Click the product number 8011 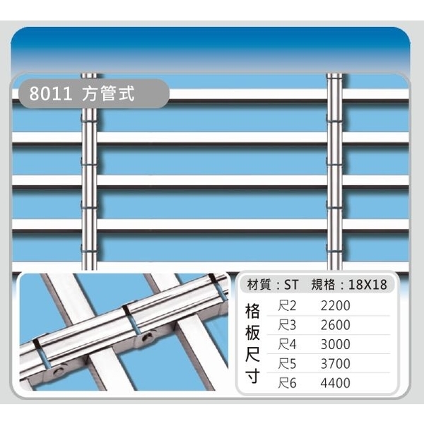(x=51, y=93)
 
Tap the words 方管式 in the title (x=108, y=93)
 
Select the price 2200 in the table (x=335, y=306)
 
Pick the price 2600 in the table (x=335, y=325)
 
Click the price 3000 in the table (x=335, y=344)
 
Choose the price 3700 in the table (x=335, y=364)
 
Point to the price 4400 (x=335, y=383)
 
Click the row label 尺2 (x=287, y=306)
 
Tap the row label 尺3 (x=287, y=325)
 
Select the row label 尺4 (x=287, y=344)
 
